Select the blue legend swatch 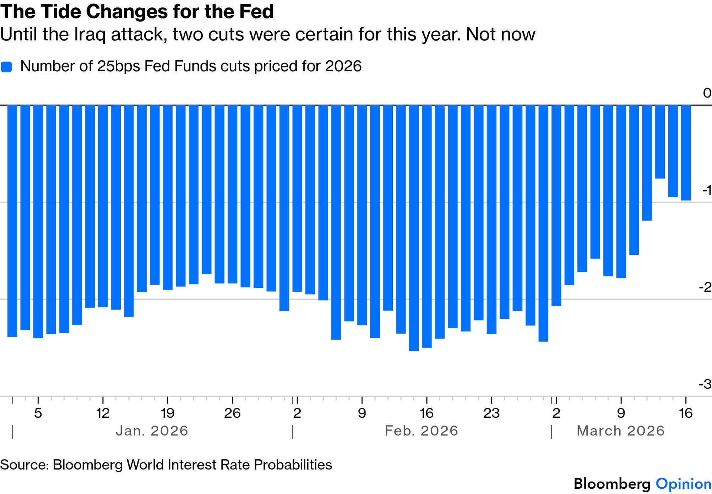pos(6,67)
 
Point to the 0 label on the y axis pos(707,93)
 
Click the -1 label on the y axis pos(707,190)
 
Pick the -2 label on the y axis pos(705,287)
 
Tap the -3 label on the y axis pos(705,384)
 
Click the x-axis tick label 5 pos(38,413)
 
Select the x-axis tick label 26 pos(232,413)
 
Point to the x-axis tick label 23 pos(491,413)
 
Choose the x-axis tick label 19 pos(168,413)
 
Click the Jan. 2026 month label pos(152,431)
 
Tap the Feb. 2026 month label pos(422,431)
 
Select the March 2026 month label pos(620,431)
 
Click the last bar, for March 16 pos(686,153)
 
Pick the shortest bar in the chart pos(660,142)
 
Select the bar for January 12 pos(103,206)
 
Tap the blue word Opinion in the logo pos(683,484)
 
